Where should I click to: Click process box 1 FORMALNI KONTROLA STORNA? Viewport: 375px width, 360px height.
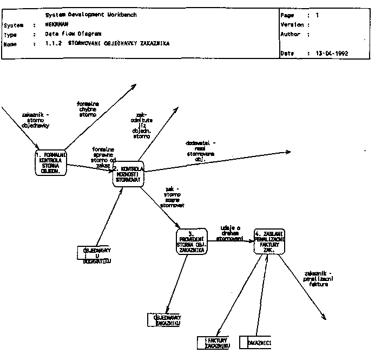tap(50, 162)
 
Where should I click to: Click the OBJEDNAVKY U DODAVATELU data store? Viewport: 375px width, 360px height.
tap(94, 256)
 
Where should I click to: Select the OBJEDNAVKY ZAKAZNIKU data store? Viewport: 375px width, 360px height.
tap(165, 320)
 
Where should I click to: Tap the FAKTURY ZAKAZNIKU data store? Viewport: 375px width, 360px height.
tap(214, 343)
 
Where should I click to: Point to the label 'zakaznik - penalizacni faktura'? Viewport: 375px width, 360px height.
tap(323, 278)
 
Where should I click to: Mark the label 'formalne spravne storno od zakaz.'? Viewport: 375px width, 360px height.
tap(104, 157)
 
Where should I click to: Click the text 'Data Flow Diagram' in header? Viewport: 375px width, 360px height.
tap(70, 34)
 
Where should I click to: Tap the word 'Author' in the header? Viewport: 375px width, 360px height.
tap(290, 34)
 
